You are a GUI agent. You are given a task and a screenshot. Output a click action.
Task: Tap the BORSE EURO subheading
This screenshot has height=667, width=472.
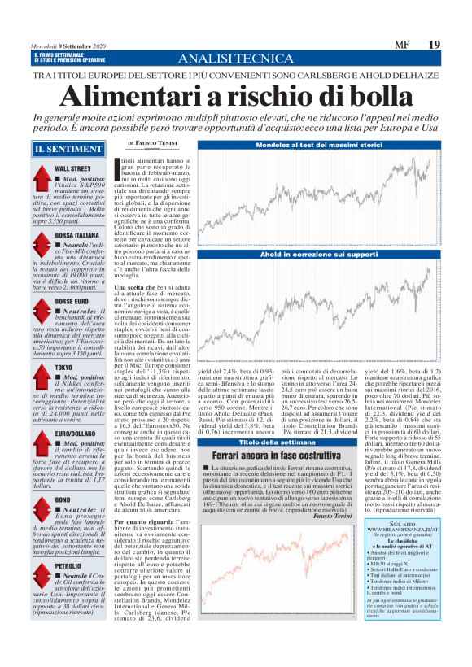72,302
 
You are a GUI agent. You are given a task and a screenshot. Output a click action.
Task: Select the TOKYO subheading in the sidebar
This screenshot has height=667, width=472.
63,368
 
